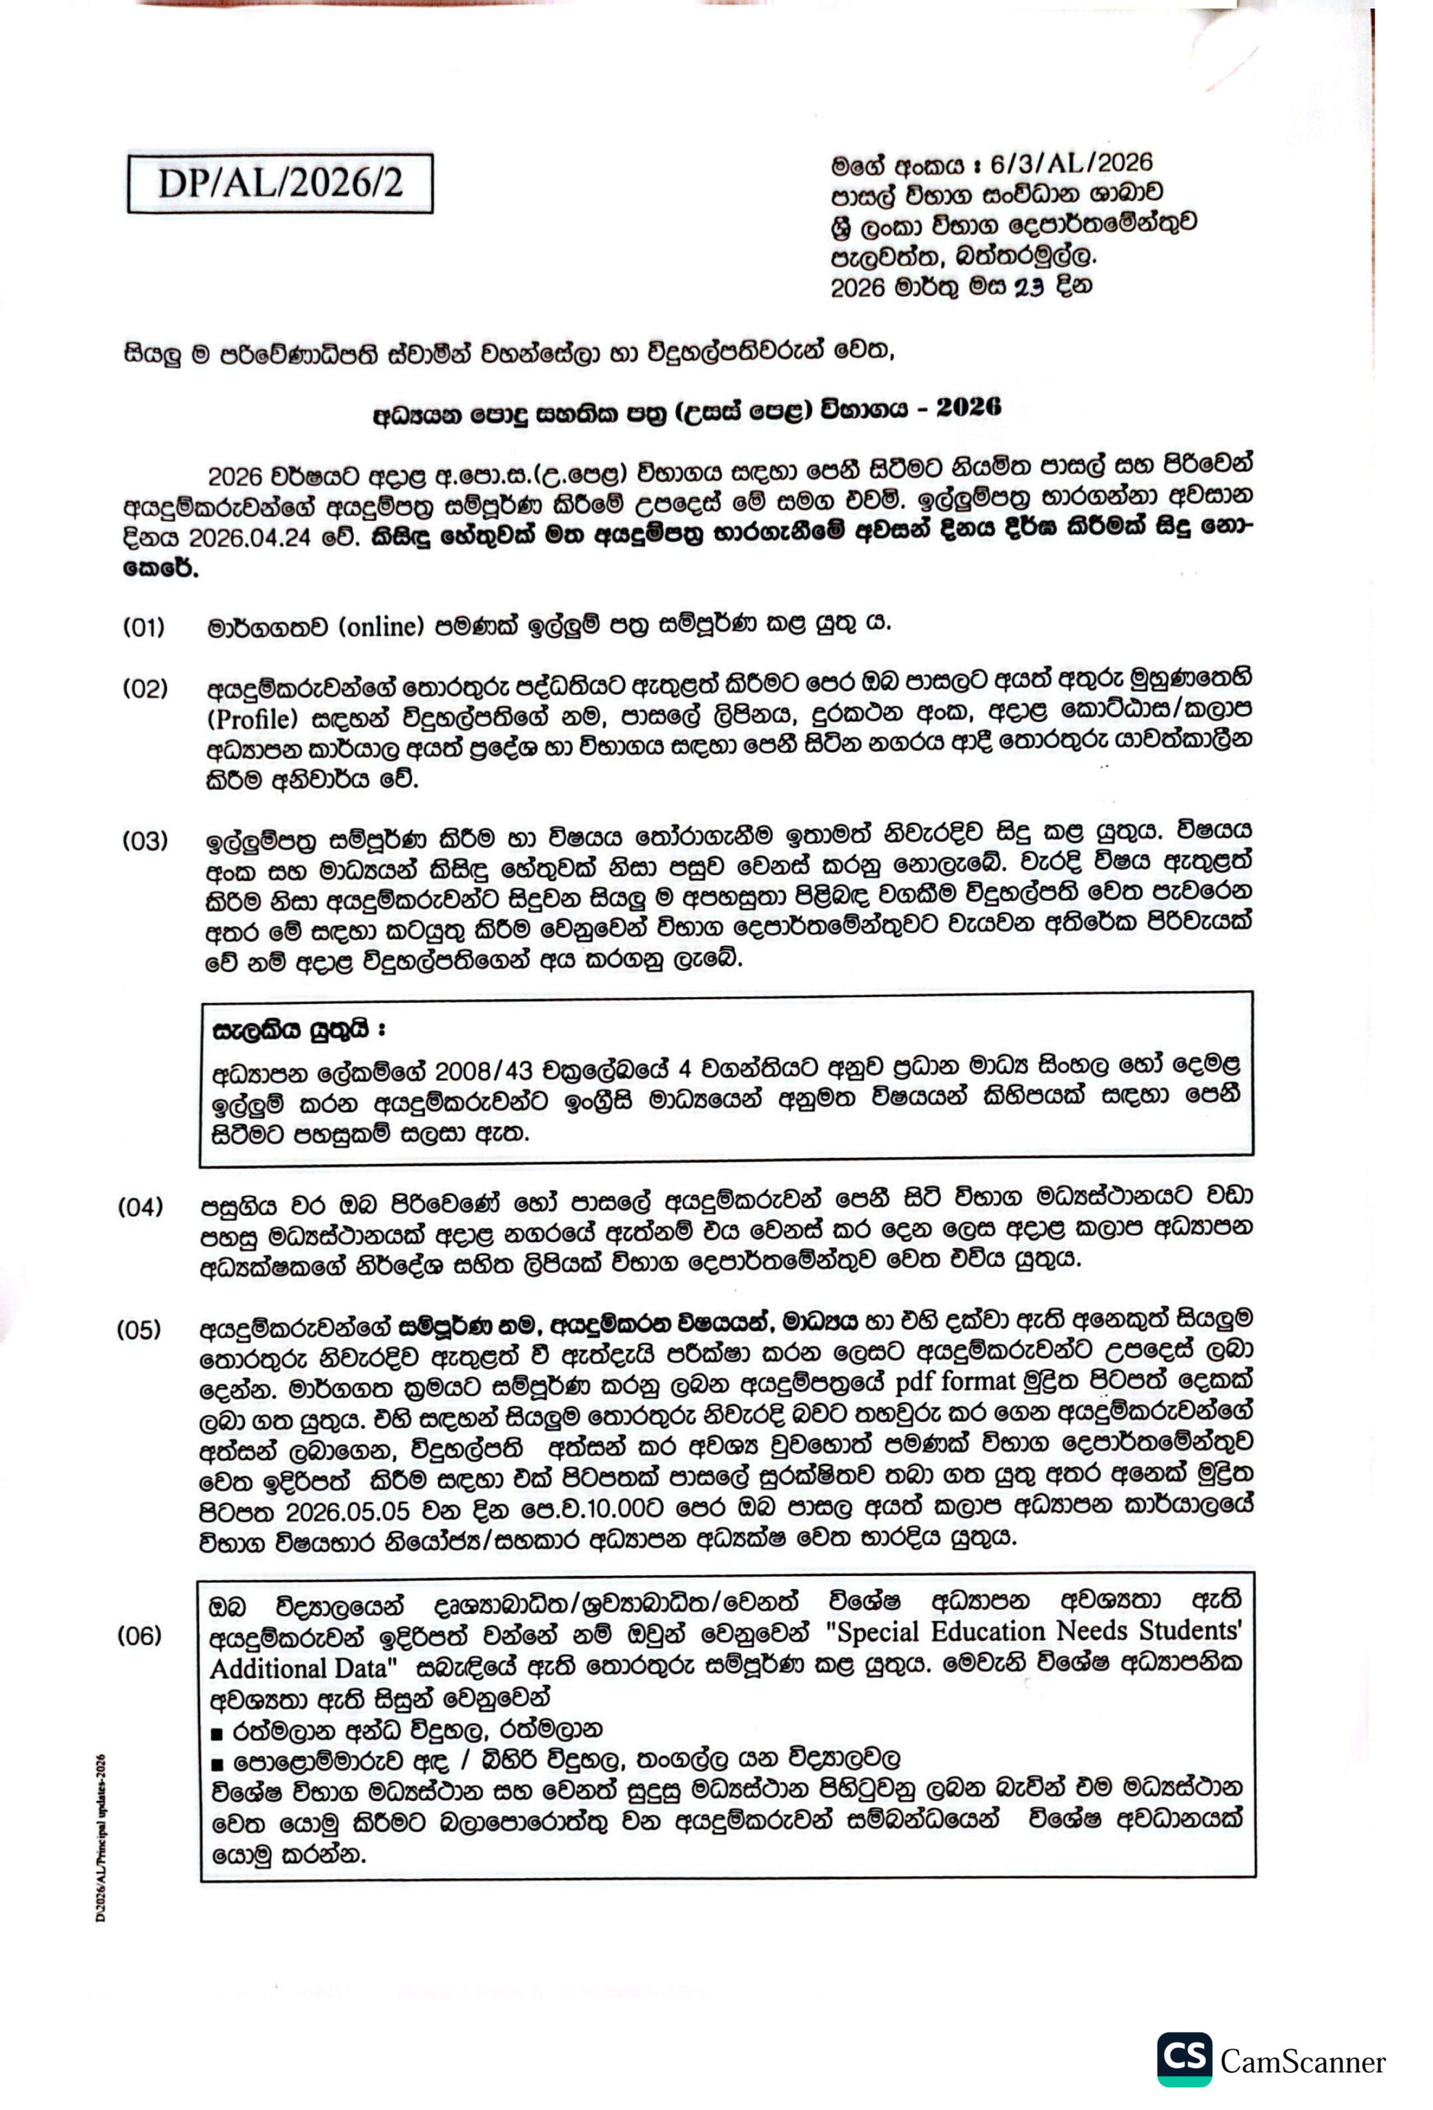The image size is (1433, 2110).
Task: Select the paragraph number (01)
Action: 144,626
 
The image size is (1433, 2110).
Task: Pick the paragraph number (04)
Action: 140,1207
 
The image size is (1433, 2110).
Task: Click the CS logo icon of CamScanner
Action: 1183,2058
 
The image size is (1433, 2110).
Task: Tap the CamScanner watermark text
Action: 1302,2062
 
